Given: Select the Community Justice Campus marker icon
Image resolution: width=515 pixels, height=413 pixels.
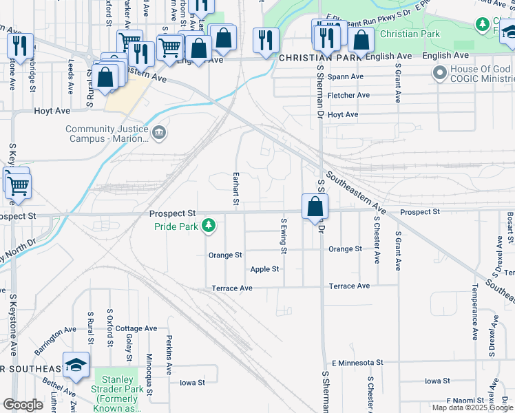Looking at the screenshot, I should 159,132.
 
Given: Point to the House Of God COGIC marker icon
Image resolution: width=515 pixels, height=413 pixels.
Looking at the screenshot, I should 439,72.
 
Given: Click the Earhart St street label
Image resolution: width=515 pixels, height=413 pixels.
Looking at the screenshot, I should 235,188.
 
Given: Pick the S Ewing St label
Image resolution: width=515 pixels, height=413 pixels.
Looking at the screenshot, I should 283,235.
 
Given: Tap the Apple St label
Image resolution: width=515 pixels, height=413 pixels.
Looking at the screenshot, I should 265,269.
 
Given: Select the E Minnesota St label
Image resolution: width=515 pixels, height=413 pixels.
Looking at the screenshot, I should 357,362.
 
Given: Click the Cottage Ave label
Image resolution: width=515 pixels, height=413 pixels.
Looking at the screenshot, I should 136,329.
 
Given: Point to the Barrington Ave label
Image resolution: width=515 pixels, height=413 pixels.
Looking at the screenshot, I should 54,341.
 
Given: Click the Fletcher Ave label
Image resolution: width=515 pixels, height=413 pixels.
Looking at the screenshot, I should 348,95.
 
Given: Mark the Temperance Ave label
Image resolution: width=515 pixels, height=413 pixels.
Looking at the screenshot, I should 474,312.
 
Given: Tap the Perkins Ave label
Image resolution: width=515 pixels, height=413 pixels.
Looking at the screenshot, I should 168,355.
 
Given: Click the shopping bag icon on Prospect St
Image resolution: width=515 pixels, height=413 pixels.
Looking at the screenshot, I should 315,206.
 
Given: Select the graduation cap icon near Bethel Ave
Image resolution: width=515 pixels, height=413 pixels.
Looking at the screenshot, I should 76,366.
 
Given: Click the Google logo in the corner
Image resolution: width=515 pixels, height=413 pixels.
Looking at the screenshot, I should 23,405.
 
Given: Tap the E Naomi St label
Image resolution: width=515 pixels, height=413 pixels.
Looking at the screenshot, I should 465,400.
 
